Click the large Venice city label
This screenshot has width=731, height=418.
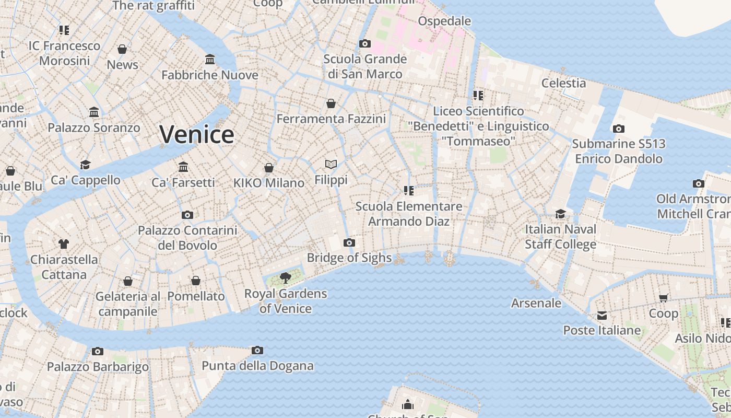pyautogui.click(x=197, y=135)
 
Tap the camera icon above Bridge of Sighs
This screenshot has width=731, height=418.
pyautogui.click(x=349, y=242)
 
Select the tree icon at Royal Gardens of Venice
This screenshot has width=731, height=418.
pyautogui.click(x=285, y=277)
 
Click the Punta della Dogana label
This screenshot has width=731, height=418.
pyautogui.click(x=257, y=366)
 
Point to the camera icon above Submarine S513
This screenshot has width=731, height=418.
pyautogui.click(x=618, y=129)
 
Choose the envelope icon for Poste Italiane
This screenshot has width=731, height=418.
pyautogui.click(x=602, y=315)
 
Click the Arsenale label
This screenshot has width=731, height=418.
pyautogui.click(x=536, y=303)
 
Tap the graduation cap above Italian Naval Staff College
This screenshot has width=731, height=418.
pyautogui.click(x=560, y=214)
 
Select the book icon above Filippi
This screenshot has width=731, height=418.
pyautogui.click(x=331, y=165)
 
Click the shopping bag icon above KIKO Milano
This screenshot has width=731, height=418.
pyautogui.click(x=269, y=168)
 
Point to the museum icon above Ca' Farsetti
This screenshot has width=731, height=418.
pyautogui.click(x=183, y=167)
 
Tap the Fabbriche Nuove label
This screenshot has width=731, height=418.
pyautogui.click(x=210, y=75)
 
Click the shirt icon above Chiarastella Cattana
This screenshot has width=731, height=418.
pyautogui.click(x=64, y=243)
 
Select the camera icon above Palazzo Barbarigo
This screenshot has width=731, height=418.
pyautogui.click(x=98, y=351)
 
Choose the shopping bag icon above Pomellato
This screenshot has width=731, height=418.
pyautogui.click(x=196, y=281)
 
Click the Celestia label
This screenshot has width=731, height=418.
pyautogui.click(x=563, y=83)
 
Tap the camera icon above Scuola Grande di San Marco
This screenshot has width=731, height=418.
pyautogui.click(x=365, y=43)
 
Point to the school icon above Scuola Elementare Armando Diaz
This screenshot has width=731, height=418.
pyautogui.click(x=408, y=191)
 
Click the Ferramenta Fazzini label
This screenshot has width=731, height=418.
pyautogui.click(x=331, y=119)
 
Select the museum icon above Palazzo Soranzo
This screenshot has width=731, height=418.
pyautogui.click(x=94, y=112)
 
